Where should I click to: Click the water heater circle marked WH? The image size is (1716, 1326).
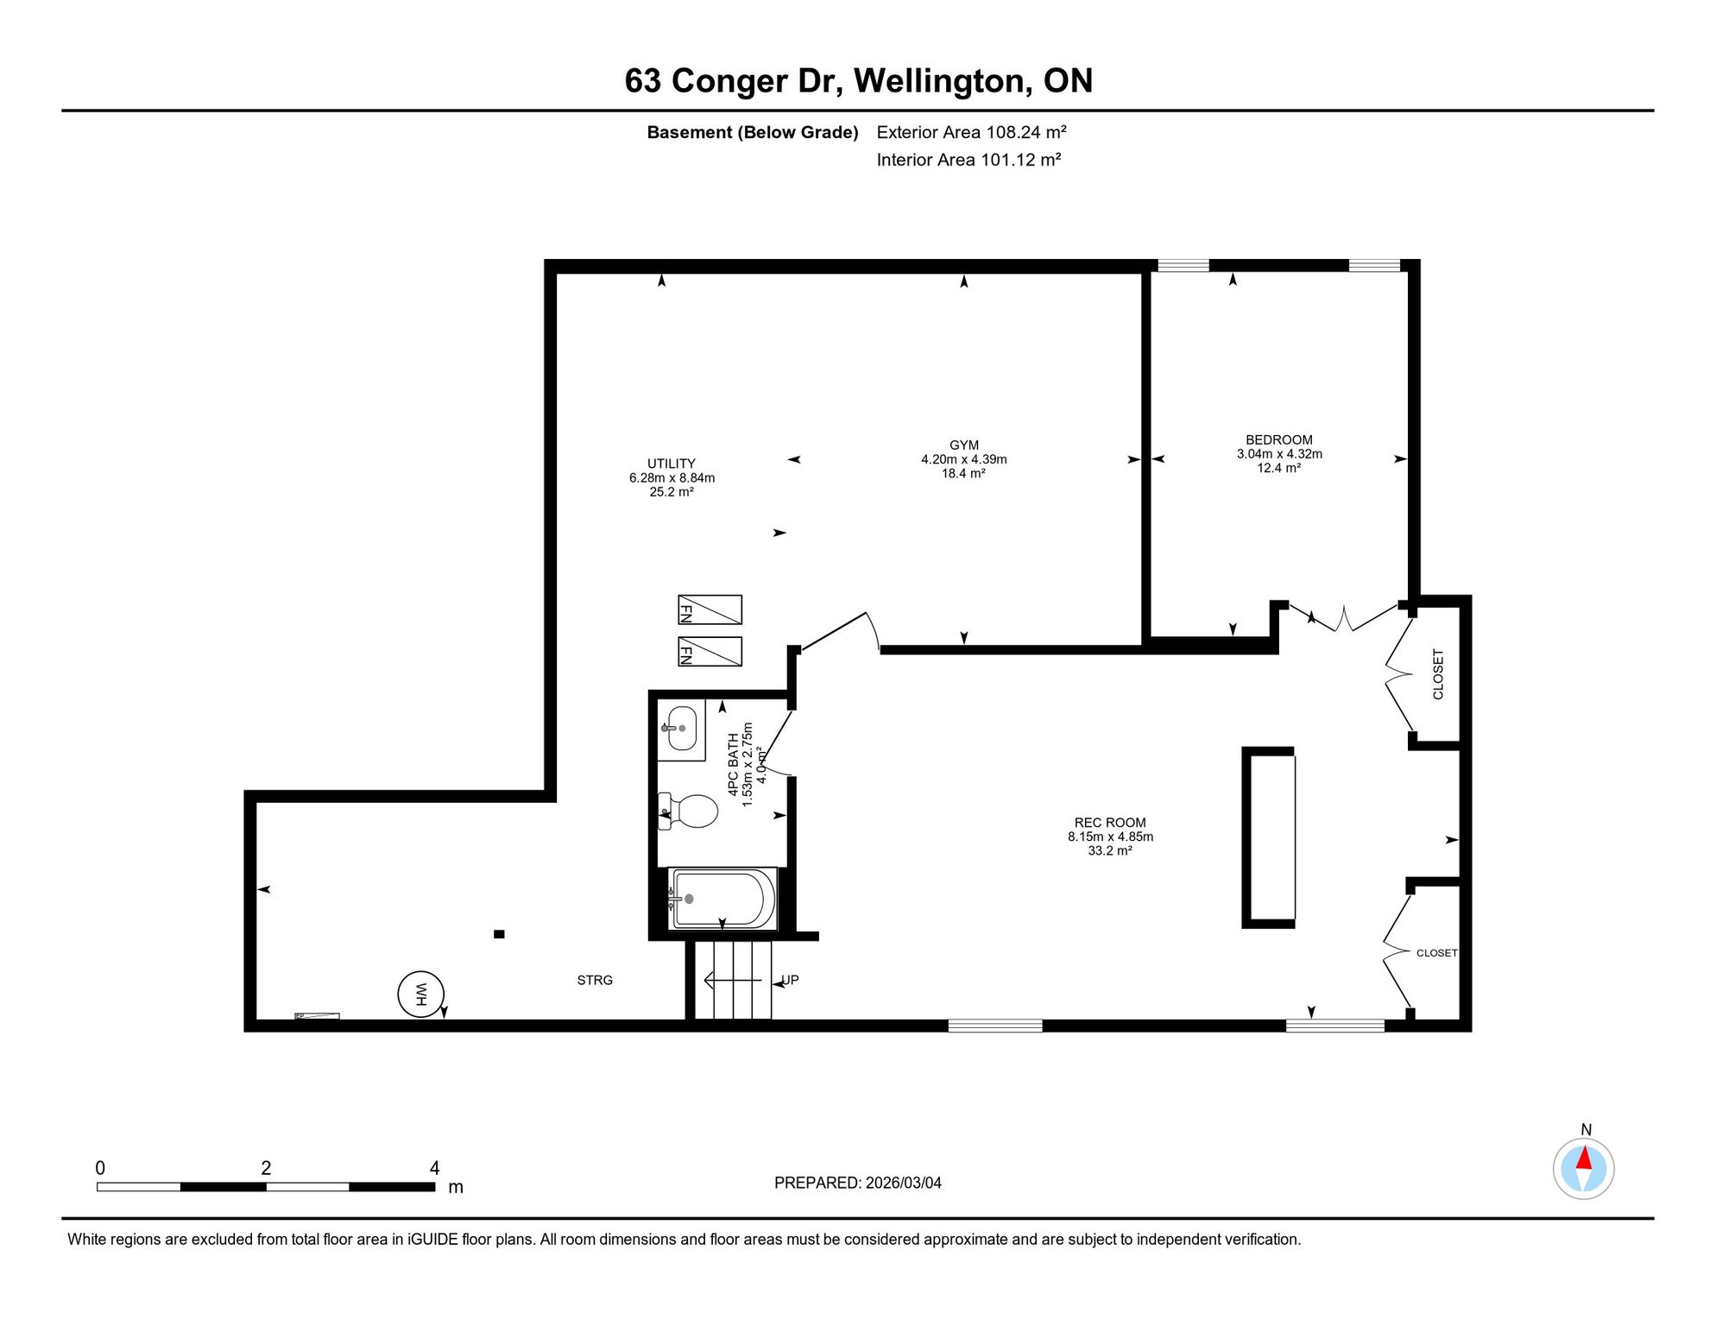[x=420, y=994]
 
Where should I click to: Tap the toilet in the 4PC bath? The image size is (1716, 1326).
[x=688, y=811]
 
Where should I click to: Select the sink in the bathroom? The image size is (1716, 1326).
[x=681, y=729]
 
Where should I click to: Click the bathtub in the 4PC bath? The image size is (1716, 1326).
[x=722, y=899]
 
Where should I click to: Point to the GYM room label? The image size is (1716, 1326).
[x=963, y=445]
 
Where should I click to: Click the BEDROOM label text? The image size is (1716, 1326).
[x=1278, y=439]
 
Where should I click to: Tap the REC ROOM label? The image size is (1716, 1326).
[x=1110, y=823]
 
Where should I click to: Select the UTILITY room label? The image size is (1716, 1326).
[x=672, y=464]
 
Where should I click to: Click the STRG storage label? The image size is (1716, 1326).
[x=595, y=980]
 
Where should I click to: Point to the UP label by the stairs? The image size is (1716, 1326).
[x=790, y=980]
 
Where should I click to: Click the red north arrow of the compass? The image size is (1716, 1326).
[x=1584, y=1157]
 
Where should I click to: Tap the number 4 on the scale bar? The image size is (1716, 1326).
[x=435, y=1168]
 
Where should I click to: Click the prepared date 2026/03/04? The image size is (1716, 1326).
[x=904, y=1183]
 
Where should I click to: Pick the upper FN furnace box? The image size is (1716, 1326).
[x=710, y=609]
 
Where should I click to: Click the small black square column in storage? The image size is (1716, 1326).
[x=499, y=934]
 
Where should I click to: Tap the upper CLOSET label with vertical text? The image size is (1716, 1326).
[x=1438, y=674]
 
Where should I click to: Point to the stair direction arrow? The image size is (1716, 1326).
[x=734, y=980]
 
